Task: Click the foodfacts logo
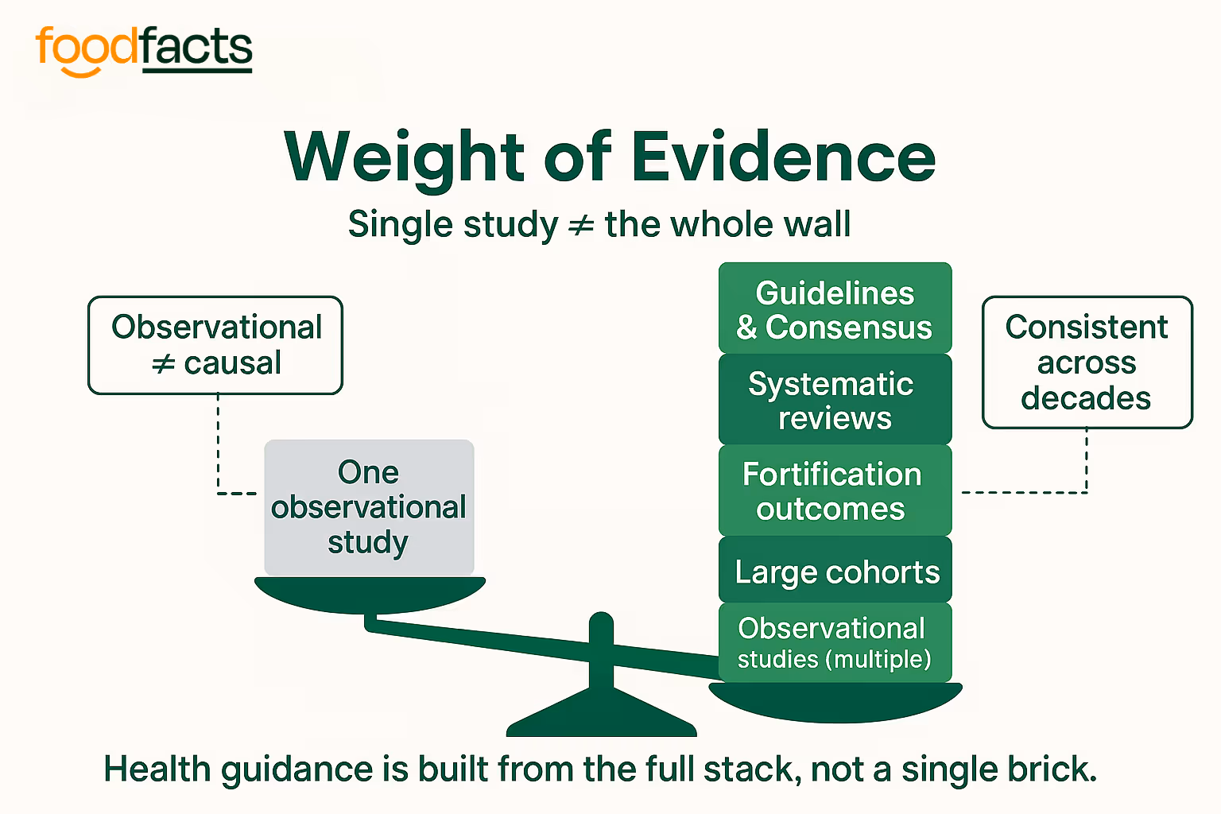point(144,49)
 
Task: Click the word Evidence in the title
point(783,157)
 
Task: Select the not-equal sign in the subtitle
point(581,225)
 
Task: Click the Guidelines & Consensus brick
point(835,309)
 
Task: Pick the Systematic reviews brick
point(835,400)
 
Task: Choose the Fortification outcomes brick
point(835,490)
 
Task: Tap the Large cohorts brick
point(835,571)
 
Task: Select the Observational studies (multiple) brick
point(835,642)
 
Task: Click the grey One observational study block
point(369,507)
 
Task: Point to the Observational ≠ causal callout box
point(215,345)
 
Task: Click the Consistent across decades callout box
point(1087,362)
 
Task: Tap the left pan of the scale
point(369,593)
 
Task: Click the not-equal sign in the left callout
point(163,364)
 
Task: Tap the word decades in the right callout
point(1086,397)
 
